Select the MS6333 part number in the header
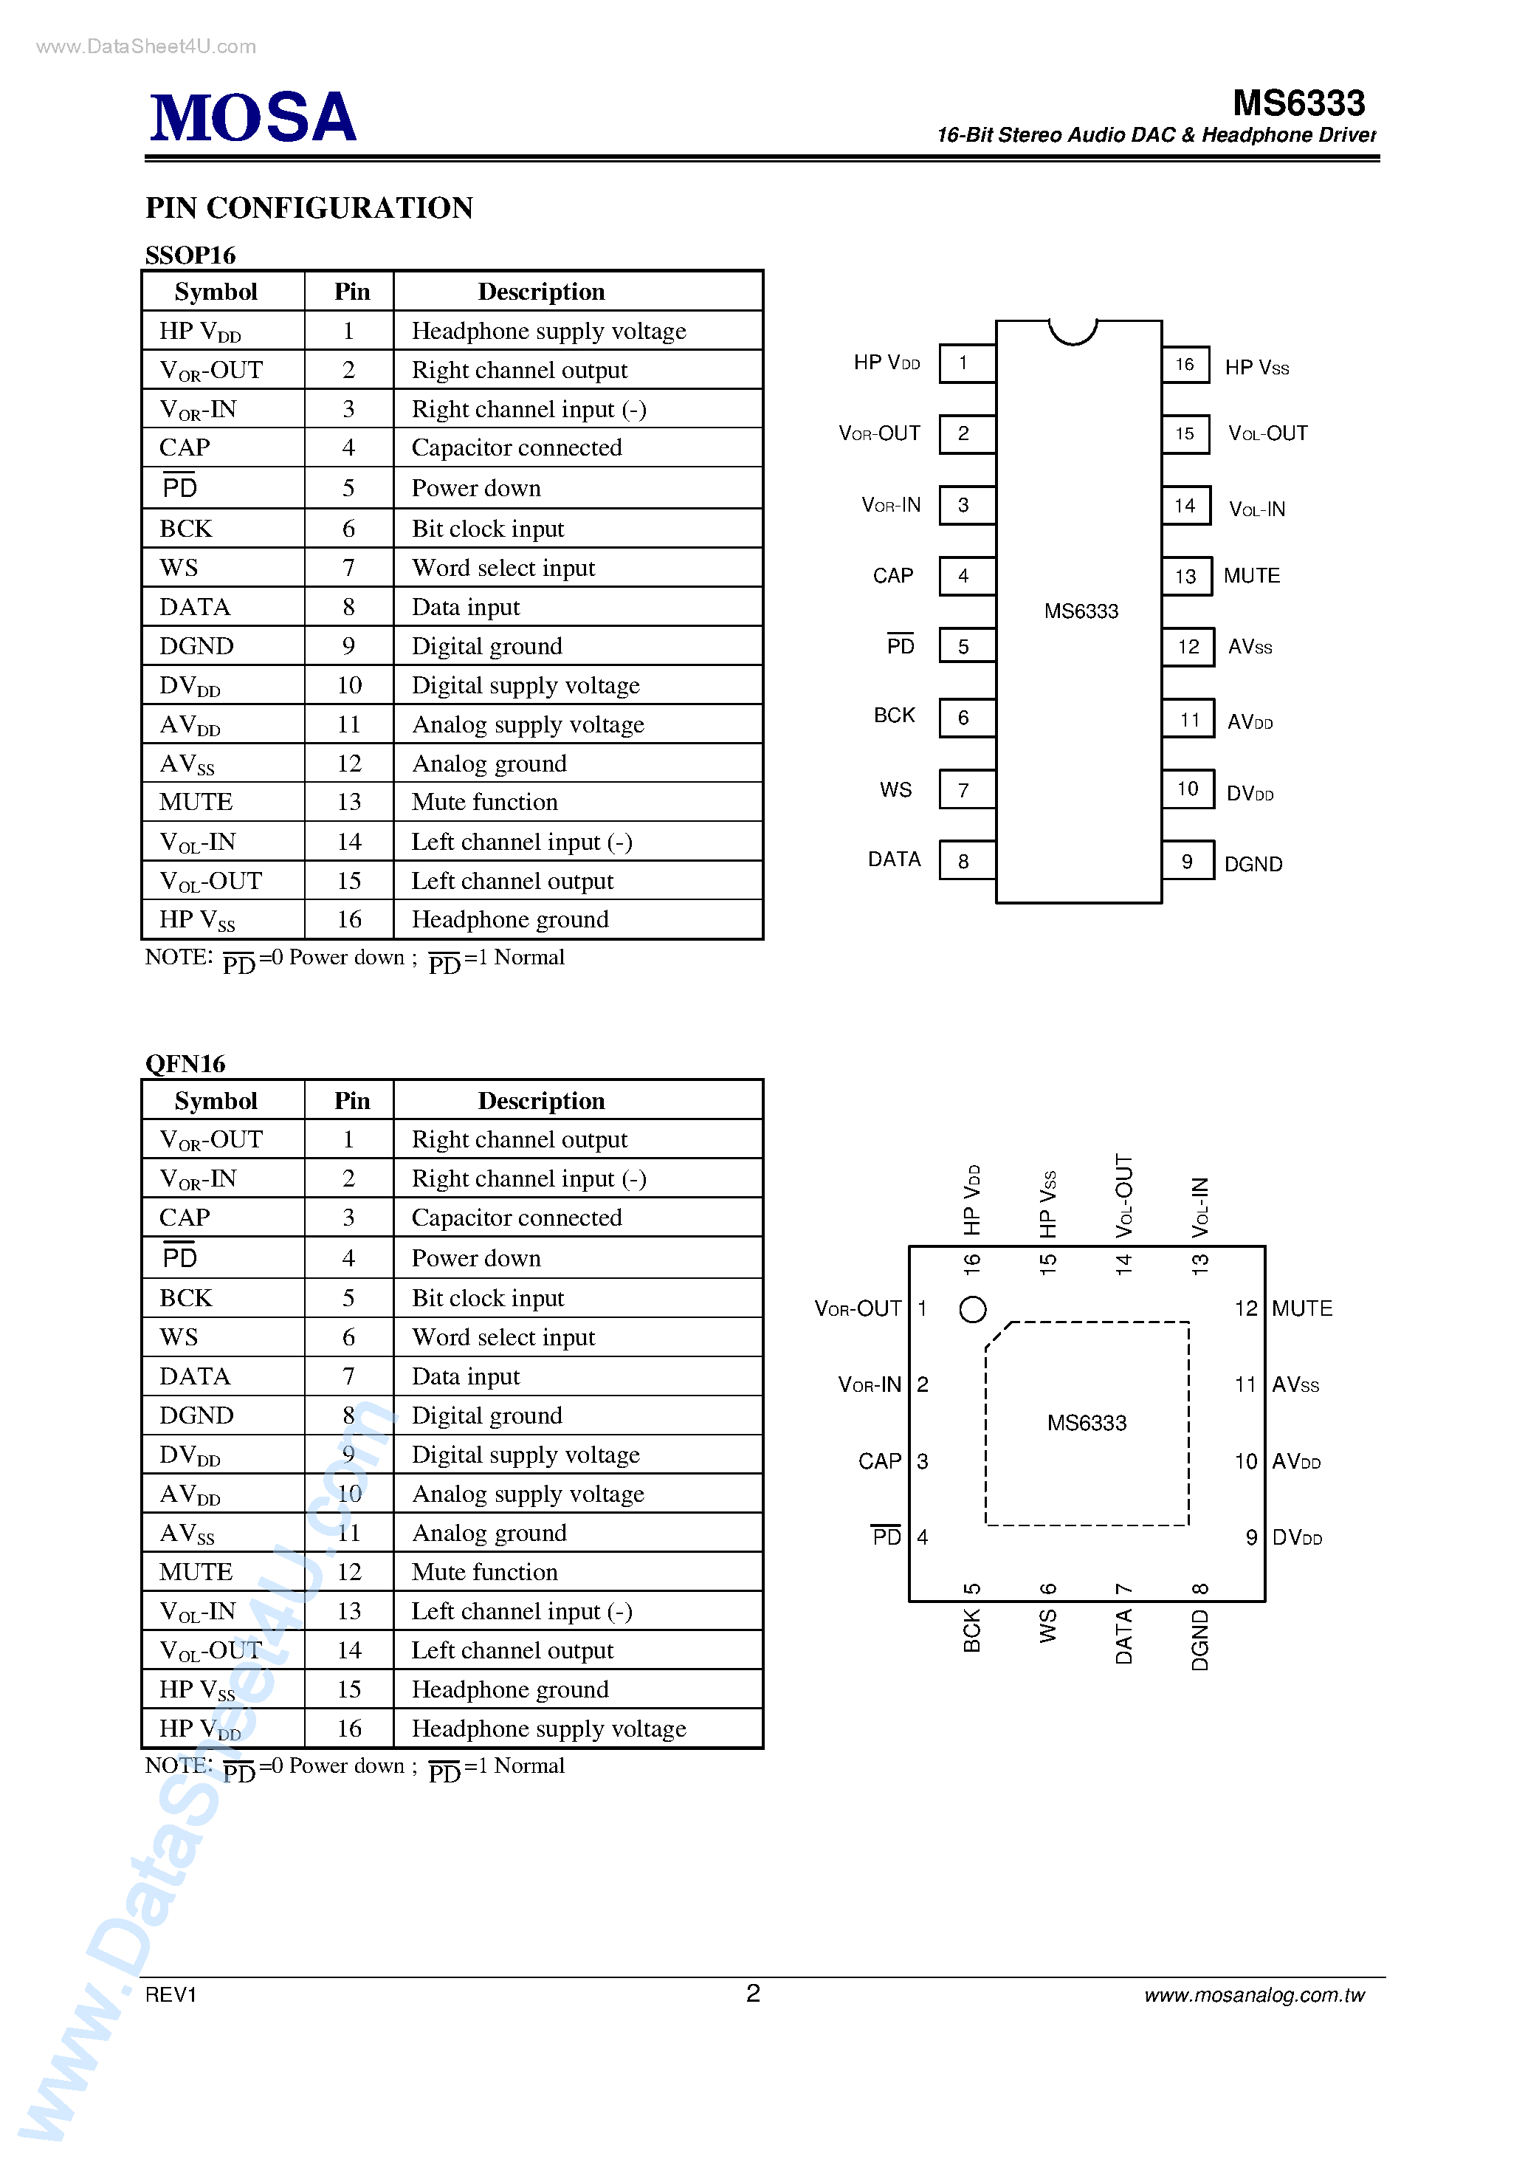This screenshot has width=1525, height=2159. (x=1298, y=103)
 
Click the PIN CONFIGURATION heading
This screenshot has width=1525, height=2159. (x=309, y=207)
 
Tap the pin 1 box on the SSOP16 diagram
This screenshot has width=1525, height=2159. (x=965, y=363)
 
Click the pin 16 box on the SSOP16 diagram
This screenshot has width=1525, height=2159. (x=1185, y=364)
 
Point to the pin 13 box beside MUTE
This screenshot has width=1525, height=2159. (x=1185, y=575)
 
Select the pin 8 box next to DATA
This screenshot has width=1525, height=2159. (x=965, y=860)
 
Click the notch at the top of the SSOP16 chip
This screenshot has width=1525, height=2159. (x=1073, y=331)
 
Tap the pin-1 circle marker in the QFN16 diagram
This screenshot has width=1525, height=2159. (x=972, y=1309)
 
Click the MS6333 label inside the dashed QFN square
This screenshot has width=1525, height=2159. (x=1086, y=1423)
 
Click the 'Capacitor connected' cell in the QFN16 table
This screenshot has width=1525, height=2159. (x=516, y=1218)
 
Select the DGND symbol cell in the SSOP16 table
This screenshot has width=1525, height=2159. (x=196, y=646)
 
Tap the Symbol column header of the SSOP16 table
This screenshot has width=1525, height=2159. (x=216, y=292)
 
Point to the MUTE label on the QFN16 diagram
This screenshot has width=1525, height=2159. (x=1301, y=1308)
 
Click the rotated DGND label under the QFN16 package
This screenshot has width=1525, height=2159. (x=1199, y=1640)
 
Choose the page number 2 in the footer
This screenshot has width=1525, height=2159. (x=752, y=1994)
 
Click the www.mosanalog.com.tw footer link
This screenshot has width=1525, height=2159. (x=1253, y=1995)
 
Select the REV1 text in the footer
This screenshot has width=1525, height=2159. (x=171, y=1994)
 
